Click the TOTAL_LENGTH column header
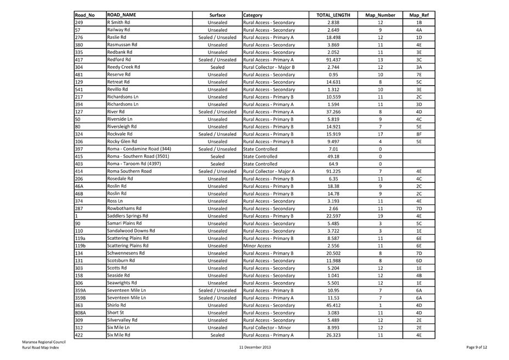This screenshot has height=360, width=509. tap(332, 15)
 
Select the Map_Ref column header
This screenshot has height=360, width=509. tap(418, 15)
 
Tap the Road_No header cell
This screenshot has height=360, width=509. tap(84, 15)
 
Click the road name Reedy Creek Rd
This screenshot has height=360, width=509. tap(123, 67)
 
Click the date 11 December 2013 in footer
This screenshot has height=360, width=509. tap(255, 347)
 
